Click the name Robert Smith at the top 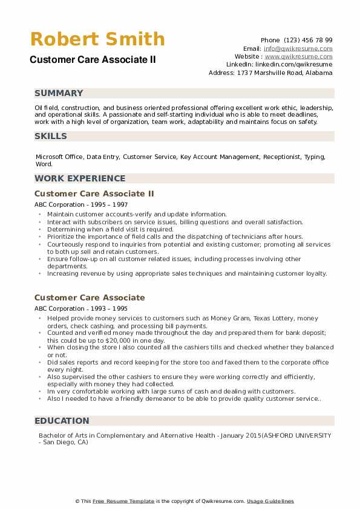[x=97, y=39]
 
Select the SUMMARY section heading [x=59, y=93]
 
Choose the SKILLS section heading [x=51, y=136]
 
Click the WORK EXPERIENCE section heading [x=80, y=178]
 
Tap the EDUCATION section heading [x=62, y=421]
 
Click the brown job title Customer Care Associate [x=90, y=297]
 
